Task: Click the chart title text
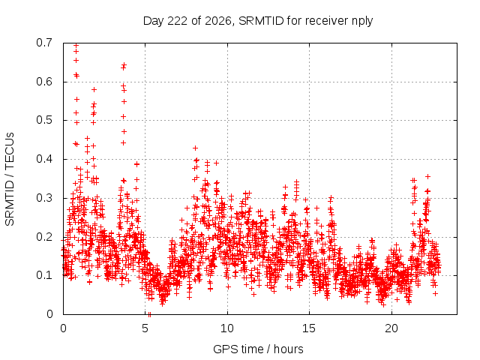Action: (258, 21)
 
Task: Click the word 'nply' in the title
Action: (362, 22)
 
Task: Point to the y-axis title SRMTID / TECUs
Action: (10, 179)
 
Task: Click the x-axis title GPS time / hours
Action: (258, 349)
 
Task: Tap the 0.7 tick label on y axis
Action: (44, 43)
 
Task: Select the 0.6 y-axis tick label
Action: (44, 82)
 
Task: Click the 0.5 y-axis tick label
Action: (44, 120)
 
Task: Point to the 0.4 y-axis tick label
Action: (44, 159)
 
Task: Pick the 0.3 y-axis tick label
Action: (44, 198)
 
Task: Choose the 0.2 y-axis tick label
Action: (44, 237)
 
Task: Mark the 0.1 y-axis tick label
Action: (44, 275)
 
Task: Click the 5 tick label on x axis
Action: (145, 328)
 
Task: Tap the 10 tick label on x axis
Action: (227, 328)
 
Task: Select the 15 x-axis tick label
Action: (309, 328)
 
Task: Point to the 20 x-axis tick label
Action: (391, 328)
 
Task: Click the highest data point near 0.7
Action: (76, 46)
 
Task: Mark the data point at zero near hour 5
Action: (149, 314)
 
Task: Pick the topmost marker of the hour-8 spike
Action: (195, 148)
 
